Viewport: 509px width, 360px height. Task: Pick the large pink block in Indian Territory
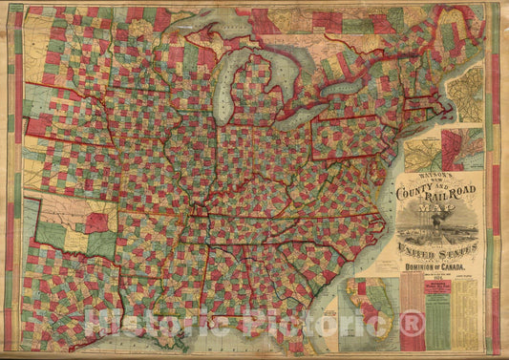(96, 222)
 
